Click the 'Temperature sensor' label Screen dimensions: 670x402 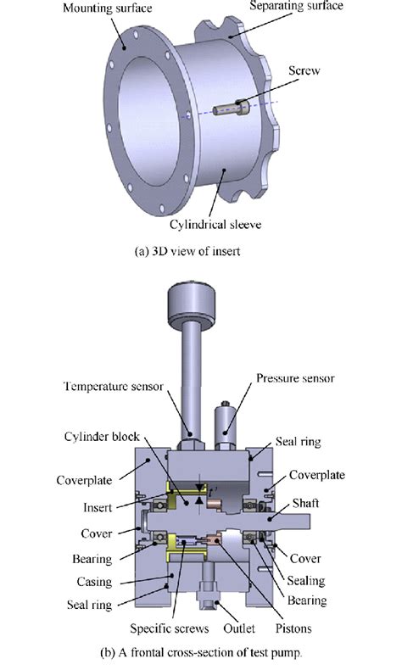120,387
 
